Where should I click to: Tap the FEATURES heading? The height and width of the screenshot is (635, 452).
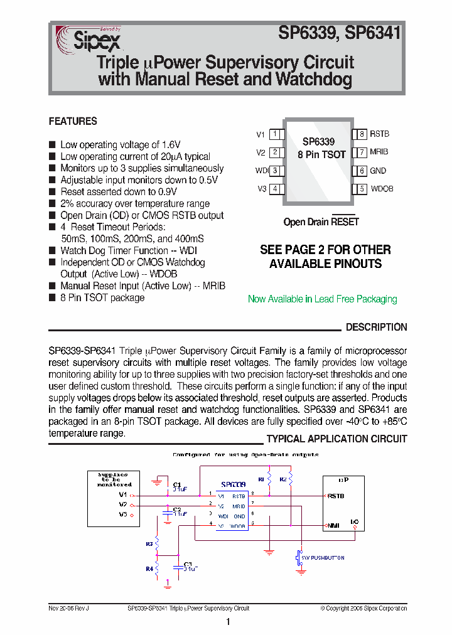(73, 121)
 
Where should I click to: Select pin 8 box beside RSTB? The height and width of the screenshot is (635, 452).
(361, 134)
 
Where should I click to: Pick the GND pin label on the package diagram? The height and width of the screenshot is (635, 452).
(378, 171)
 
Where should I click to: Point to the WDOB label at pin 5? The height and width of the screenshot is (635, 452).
(382, 189)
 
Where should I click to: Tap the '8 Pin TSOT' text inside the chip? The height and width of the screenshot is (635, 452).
(321, 154)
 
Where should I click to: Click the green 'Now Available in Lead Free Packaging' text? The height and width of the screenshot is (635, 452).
(322, 299)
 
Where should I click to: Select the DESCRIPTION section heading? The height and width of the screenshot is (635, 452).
(376, 327)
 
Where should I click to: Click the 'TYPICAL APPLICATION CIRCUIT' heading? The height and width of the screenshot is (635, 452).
(336, 439)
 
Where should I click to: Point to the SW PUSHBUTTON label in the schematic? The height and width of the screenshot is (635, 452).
(324, 558)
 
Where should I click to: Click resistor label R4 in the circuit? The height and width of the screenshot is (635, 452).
(149, 569)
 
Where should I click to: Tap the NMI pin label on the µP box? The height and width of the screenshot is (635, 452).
(333, 525)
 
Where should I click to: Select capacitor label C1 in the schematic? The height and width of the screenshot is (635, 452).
(177, 484)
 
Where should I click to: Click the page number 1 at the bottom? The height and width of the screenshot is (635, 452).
(228, 622)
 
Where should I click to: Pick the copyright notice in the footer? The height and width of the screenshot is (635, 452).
(363, 608)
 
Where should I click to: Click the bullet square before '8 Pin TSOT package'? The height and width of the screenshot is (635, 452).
(52, 298)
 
